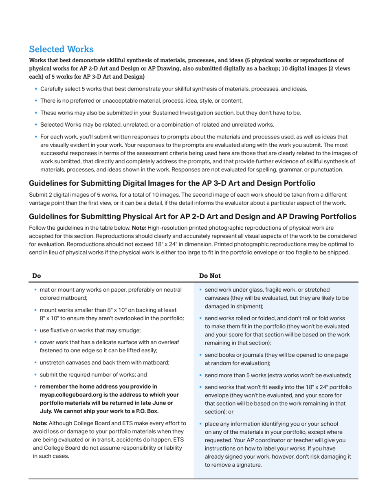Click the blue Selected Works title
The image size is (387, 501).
(61, 49)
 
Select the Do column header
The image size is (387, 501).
(36, 275)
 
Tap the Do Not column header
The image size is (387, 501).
(209, 275)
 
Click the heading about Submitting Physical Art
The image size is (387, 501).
(192, 217)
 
